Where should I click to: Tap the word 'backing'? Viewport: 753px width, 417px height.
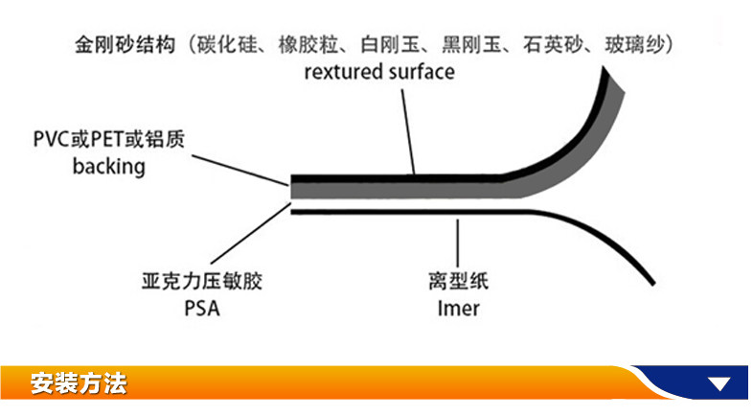tap(109, 167)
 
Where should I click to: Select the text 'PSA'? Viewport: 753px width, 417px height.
tap(200, 308)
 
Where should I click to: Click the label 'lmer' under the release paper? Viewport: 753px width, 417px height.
tap(458, 308)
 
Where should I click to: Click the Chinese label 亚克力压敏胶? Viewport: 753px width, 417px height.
tap(200, 283)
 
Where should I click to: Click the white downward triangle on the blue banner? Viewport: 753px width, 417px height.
tap(719, 385)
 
